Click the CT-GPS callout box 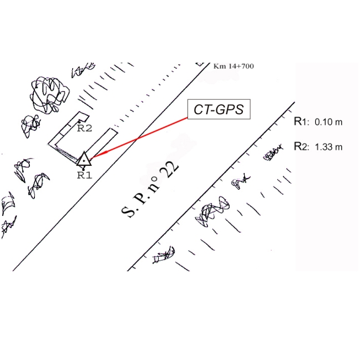pos(219,109)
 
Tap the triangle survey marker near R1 pos(83,160)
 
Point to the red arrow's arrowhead pos(91,158)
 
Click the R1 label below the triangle pos(84,175)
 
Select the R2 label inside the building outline pos(84,128)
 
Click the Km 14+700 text pos(234,66)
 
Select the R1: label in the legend pos(301,121)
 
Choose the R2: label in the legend pos(301,146)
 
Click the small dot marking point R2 pos(81,120)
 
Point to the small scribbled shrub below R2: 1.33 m pos(271,154)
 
